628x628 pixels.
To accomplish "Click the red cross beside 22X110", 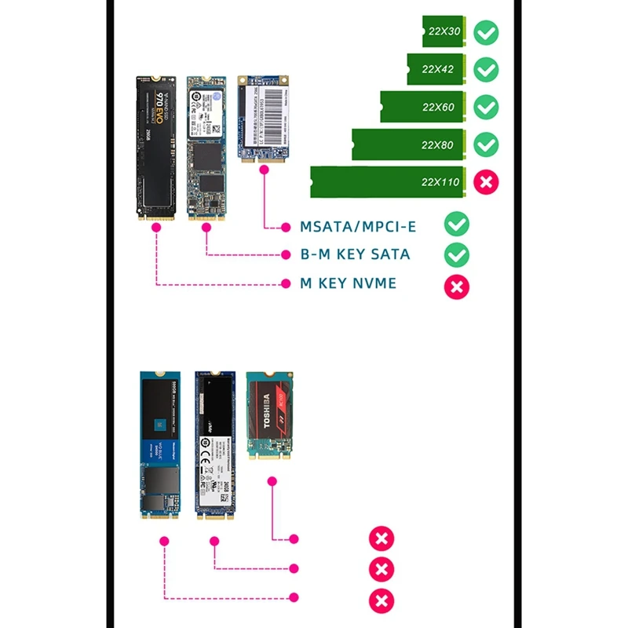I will click(487, 182).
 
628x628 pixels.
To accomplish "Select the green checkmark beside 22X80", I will click(487, 144).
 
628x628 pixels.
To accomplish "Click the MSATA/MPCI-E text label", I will click(358, 227).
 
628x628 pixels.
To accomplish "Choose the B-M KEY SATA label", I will click(355, 254).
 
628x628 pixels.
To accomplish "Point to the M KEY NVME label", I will click(348, 283).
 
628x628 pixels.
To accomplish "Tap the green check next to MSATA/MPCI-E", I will click(457, 225).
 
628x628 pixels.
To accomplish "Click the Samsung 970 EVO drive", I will click(155, 146).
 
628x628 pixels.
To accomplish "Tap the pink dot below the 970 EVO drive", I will click(156, 228).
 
